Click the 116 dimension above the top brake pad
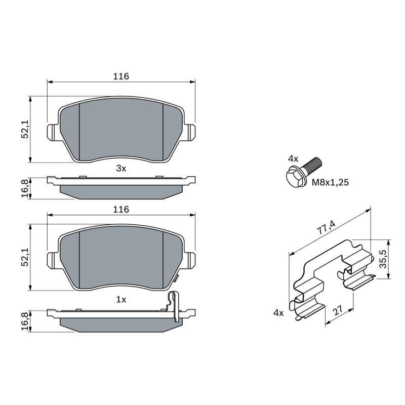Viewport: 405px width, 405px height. (x=121, y=76)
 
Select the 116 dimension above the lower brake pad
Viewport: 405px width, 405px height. (x=121, y=209)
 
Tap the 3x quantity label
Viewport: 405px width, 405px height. (x=121, y=169)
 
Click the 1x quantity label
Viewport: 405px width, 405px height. (x=121, y=300)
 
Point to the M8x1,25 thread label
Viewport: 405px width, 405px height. (x=330, y=183)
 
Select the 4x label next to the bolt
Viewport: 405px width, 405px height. (x=293, y=159)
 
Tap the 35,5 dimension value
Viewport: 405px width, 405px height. (x=383, y=259)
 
